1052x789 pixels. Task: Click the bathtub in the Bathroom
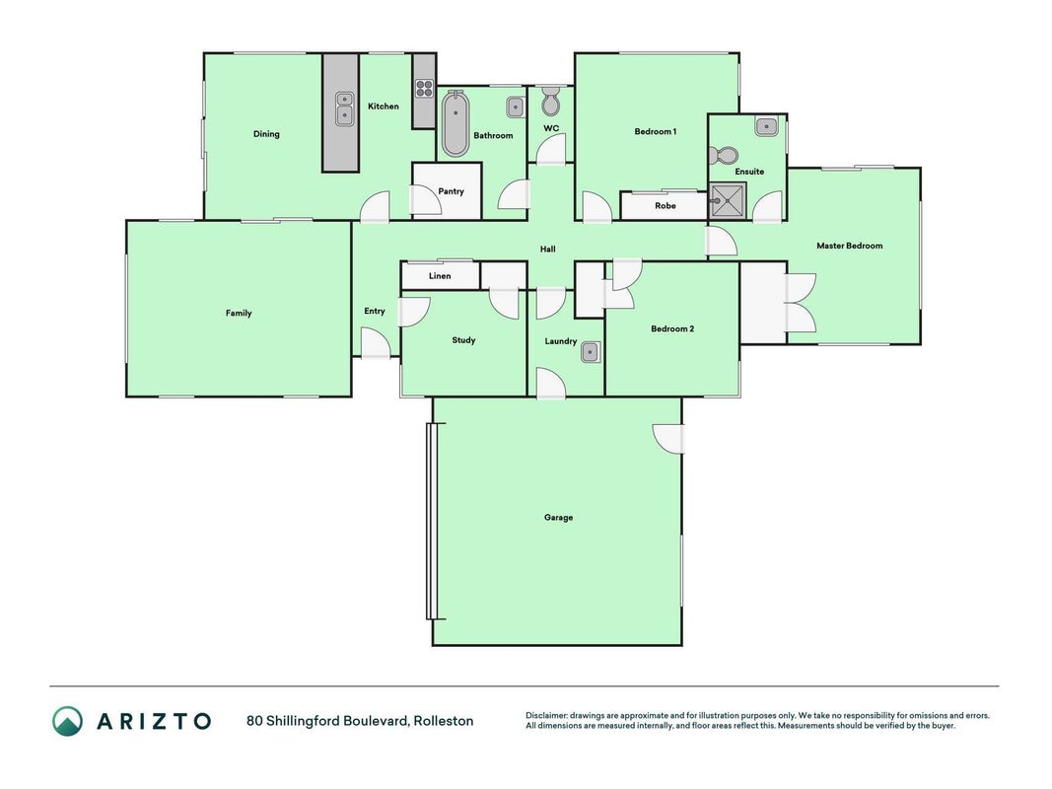click(455, 124)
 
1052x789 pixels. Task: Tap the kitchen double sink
click(344, 108)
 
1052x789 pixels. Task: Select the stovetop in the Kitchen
click(423, 89)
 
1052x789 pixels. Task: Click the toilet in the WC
click(550, 101)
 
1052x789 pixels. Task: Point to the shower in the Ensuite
click(728, 200)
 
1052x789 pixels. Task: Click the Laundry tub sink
click(591, 351)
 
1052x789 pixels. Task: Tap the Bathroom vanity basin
click(515, 107)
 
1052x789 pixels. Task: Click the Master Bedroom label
click(849, 246)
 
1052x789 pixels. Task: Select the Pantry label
click(451, 191)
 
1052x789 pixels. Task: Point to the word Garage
click(558, 517)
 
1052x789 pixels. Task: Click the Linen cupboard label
click(440, 276)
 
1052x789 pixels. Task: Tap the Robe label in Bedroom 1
click(665, 206)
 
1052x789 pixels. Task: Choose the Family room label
click(239, 313)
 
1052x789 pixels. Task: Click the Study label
click(463, 340)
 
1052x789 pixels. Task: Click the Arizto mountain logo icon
click(68, 721)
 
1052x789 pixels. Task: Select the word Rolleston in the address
click(444, 721)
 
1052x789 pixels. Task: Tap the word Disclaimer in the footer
click(546, 716)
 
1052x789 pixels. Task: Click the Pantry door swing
click(425, 200)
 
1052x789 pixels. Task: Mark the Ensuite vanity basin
click(765, 125)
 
